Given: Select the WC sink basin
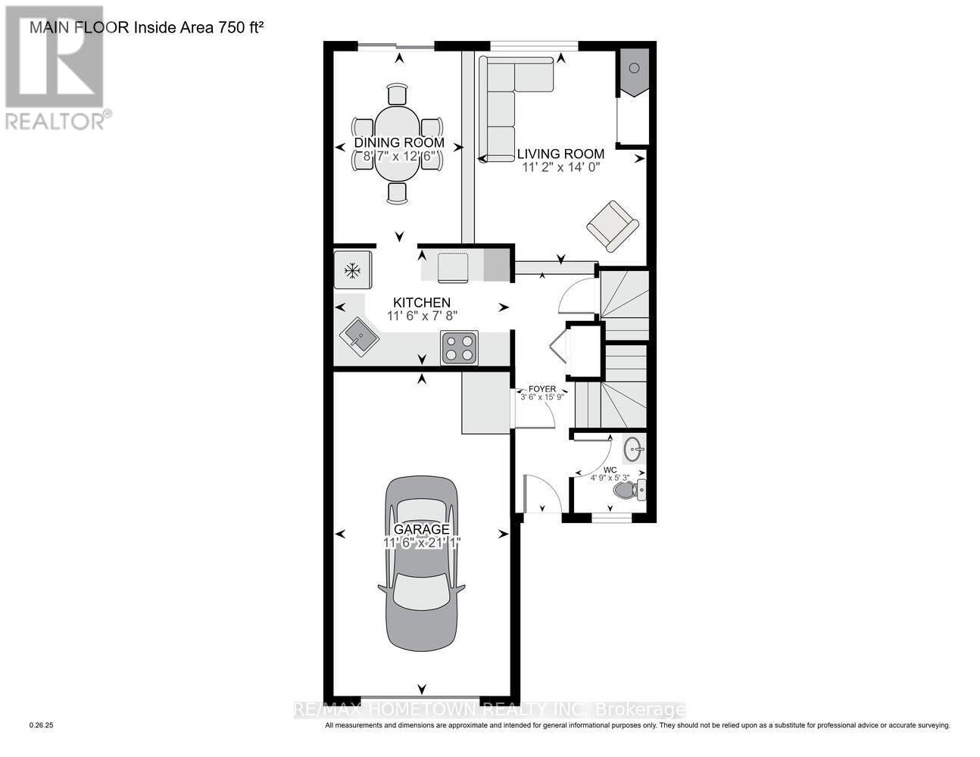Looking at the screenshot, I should [633, 451].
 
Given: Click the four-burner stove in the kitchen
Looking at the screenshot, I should [459, 347].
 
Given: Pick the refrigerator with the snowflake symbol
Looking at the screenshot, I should [352, 269].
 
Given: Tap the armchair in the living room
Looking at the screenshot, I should [612, 224].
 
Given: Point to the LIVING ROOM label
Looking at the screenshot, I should [560, 154].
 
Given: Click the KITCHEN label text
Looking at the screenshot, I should [421, 302].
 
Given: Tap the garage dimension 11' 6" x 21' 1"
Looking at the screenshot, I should [421, 543].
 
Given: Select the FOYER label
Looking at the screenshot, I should [542, 389].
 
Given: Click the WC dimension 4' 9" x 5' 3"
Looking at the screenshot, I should [610, 478].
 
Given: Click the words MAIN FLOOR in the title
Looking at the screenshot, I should [80, 28].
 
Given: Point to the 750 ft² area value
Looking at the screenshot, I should [235, 28].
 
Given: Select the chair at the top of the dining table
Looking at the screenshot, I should [398, 95].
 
